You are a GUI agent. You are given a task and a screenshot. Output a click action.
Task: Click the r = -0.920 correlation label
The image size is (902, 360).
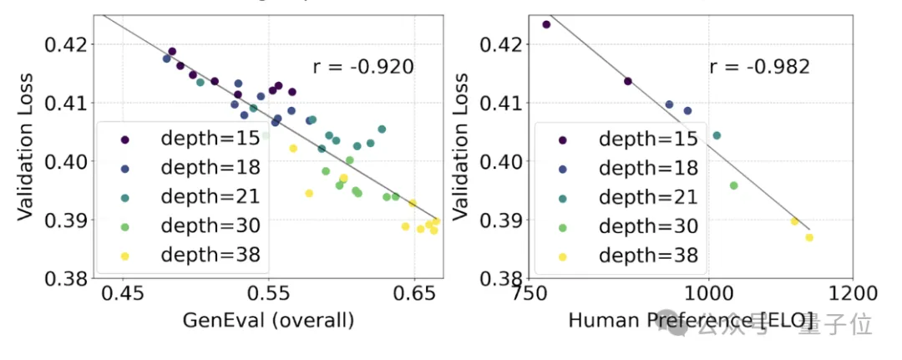363,67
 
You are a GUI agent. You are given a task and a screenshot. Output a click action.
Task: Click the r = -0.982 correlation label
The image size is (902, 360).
760,67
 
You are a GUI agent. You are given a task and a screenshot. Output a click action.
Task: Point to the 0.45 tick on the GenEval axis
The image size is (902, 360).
124,294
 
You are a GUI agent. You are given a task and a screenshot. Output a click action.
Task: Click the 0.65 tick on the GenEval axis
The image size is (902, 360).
413,294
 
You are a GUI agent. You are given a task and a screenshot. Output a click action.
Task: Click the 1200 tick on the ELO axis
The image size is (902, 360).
852,294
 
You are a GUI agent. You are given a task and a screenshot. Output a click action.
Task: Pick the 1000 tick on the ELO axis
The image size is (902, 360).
708,294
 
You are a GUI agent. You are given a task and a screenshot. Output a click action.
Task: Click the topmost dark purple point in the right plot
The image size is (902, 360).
546,24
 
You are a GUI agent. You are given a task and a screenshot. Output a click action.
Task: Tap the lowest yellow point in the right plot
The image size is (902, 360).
809,237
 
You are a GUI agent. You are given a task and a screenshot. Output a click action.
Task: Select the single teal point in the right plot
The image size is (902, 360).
717,135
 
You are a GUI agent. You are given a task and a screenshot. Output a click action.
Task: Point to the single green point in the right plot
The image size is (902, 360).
733,185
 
